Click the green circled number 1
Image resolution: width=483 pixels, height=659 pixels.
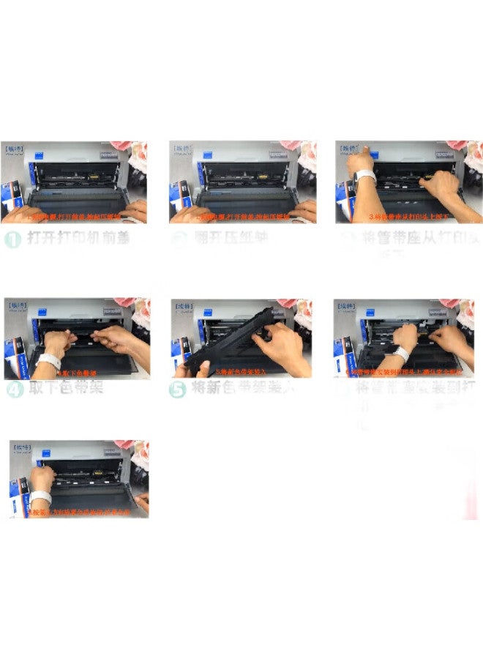coord(12,240)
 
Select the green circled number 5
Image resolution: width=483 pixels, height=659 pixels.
coord(177,390)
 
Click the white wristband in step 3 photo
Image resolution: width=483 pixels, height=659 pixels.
coord(364,176)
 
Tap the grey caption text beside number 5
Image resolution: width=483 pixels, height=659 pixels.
coord(241,389)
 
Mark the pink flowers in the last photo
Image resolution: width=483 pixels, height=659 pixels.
coord(136,454)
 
